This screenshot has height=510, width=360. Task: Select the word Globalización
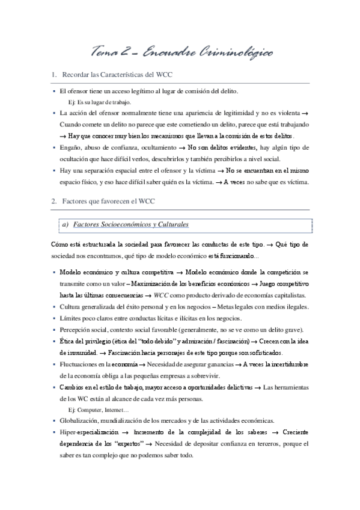pos(85,422)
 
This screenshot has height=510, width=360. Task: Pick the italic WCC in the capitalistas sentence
pos(162,295)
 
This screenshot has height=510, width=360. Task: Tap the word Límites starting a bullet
pos(72,318)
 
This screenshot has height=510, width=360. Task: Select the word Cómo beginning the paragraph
pos(61,245)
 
